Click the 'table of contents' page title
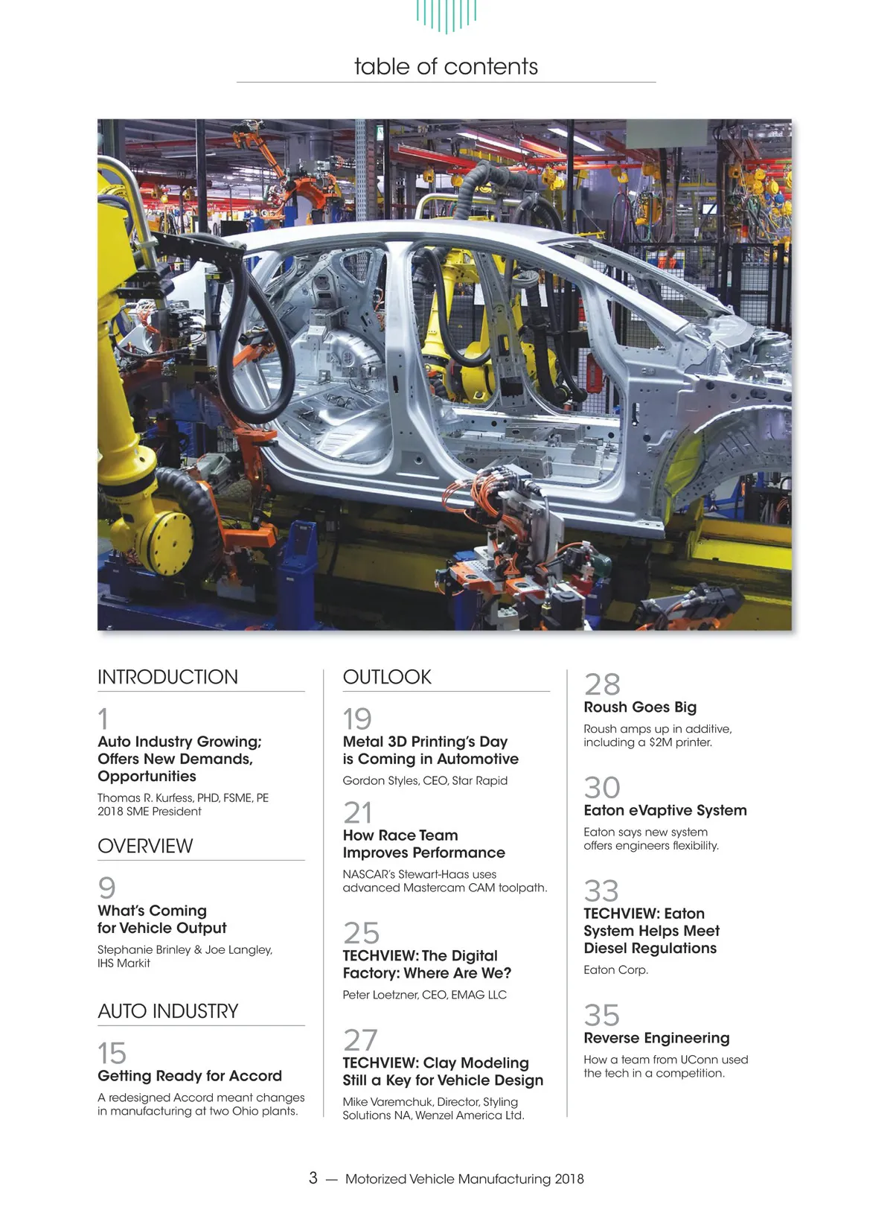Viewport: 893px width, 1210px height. pyautogui.click(x=446, y=66)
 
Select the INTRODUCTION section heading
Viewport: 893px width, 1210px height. pyautogui.click(x=167, y=677)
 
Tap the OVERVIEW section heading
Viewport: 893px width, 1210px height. pyautogui.click(x=145, y=846)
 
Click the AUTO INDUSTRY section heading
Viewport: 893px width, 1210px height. pyautogui.click(x=167, y=1011)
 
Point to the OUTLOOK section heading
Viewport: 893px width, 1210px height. pyautogui.click(x=387, y=677)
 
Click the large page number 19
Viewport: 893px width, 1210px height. pyautogui.click(x=357, y=719)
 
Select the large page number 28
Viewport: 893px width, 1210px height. pyautogui.click(x=602, y=684)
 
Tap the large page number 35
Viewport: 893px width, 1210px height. pyautogui.click(x=602, y=1016)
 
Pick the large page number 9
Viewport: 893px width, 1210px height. pyautogui.click(x=107, y=888)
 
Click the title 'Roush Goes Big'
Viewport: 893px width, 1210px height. pyautogui.click(x=640, y=707)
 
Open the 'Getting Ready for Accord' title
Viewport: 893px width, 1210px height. pyautogui.click(x=190, y=1076)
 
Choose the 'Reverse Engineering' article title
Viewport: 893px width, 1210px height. pyautogui.click(x=656, y=1038)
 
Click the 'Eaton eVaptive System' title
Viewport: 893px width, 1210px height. pyautogui.click(x=665, y=810)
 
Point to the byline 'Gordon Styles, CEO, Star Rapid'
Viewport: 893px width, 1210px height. pyautogui.click(x=425, y=780)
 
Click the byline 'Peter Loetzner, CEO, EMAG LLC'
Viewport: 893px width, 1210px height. pyautogui.click(x=424, y=995)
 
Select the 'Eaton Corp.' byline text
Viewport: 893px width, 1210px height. pyautogui.click(x=615, y=969)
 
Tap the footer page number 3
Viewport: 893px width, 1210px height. pyautogui.click(x=313, y=1178)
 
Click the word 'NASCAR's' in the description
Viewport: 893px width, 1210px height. pyautogui.click(x=368, y=874)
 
